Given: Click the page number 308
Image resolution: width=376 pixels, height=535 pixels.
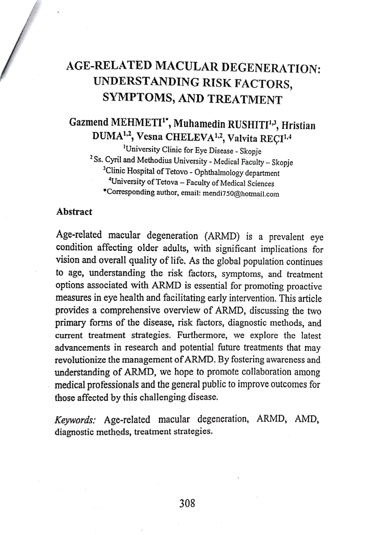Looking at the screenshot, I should tap(187, 503).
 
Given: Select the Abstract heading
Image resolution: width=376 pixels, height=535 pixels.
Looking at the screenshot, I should tap(74, 212).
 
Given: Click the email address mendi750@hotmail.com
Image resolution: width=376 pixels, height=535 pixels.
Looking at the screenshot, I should tap(241, 194).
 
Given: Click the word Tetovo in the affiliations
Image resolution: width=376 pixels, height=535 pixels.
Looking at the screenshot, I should tap(176, 172).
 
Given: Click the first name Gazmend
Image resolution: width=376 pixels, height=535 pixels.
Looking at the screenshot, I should tap(89, 122).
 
